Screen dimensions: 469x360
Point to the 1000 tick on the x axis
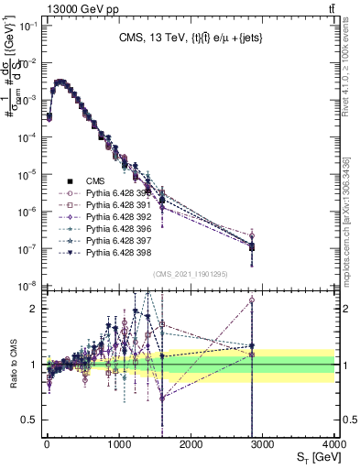[x=119, y=442]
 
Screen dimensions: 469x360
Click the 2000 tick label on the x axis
[x=191, y=442]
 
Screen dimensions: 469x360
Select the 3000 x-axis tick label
[x=263, y=442]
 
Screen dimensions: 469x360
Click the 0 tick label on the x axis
[x=47, y=442]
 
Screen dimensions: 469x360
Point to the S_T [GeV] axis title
[x=313, y=455]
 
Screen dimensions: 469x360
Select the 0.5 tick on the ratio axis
[x=28, y=420]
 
